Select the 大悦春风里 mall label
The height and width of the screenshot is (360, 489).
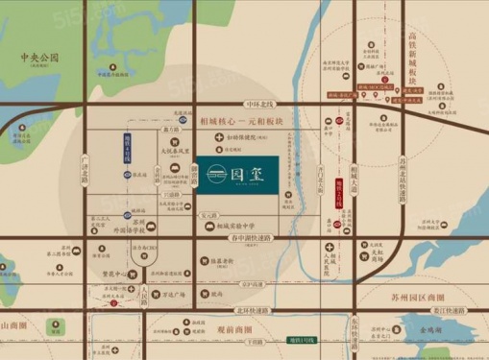[x=183, y=150]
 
